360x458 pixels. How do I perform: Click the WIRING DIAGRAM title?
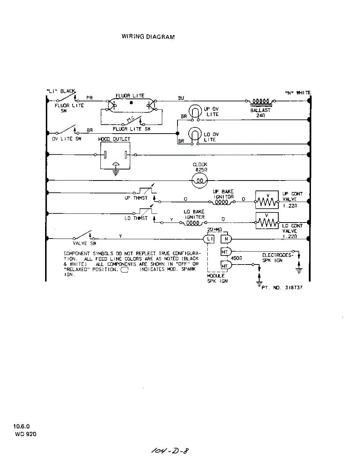[148, 37]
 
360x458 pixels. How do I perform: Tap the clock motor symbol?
[200, 180]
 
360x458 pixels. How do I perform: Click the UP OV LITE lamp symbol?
[195, 111]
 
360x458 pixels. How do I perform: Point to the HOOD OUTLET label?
[114, 139]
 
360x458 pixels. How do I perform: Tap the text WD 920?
[26, 434]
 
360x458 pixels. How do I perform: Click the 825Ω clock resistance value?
[200, 170]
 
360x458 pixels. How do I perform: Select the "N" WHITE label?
[298, 93]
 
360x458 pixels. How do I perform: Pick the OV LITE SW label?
[67, 139]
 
